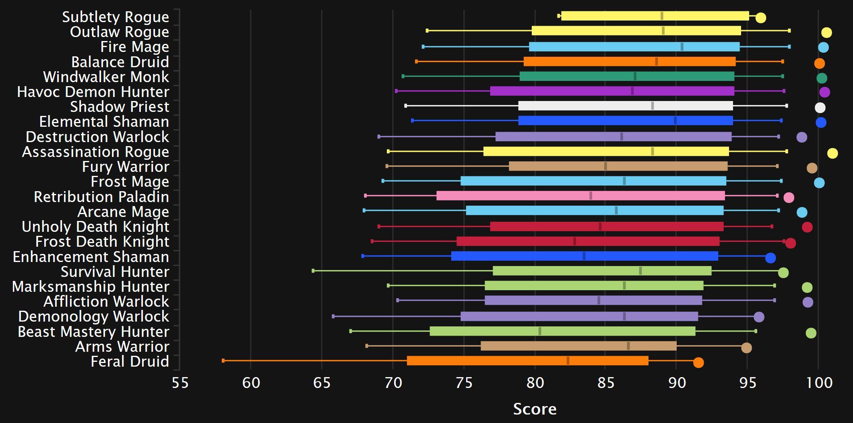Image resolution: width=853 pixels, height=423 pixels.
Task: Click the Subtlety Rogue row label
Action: [x=115, y=17]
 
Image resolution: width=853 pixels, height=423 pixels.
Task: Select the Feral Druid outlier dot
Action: [x=698, y=362]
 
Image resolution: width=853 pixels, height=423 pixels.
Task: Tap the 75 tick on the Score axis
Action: [x=464, y=382]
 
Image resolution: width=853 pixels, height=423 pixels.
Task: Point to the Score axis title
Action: [x=535, y=409]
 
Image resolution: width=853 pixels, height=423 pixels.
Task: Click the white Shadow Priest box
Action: [x=625, y=106]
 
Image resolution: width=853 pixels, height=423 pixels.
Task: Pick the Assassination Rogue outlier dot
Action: [x=832, y=153]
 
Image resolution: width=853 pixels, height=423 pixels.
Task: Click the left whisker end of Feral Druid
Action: [x=223, y=361]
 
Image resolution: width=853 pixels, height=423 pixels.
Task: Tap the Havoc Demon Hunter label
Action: [x=93, y=92]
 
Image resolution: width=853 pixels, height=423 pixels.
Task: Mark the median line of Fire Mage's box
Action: [x=682, y=47]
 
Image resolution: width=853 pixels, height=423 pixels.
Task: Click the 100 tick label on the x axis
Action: [x=819, y=382]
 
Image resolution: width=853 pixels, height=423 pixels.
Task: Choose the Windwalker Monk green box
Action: [x=627, y=76]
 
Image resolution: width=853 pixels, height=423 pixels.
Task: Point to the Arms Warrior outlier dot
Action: [x=746, y=348]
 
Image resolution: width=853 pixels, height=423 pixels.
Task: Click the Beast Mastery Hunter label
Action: [x=93, y=332]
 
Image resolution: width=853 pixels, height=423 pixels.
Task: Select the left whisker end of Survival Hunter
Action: [x=313, y=270]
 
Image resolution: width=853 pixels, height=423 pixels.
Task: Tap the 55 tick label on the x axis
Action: [x=180, y=382]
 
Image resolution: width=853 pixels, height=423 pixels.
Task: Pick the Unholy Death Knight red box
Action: [x=607, y=226]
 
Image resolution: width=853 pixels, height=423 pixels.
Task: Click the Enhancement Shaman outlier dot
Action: [x=770, y=258]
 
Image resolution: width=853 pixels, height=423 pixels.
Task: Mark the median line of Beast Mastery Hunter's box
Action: [x=540, y=331]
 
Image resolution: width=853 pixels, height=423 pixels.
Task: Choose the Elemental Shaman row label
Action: [x=104, y=122]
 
